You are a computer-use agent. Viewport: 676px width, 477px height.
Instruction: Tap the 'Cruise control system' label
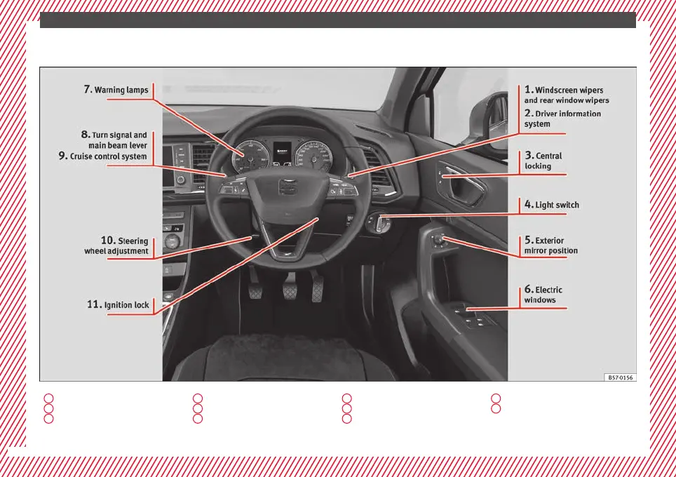click(102, 156)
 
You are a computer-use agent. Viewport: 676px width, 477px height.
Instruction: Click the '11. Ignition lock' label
click(117, 305)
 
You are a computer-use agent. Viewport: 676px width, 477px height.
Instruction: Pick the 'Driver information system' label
click(562, 119)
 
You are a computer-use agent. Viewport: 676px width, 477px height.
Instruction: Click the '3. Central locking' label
click(543, 161)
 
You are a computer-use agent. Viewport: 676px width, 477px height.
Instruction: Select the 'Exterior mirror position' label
click(551, 246)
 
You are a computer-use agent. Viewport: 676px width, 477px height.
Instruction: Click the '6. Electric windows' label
click(543, 295)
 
